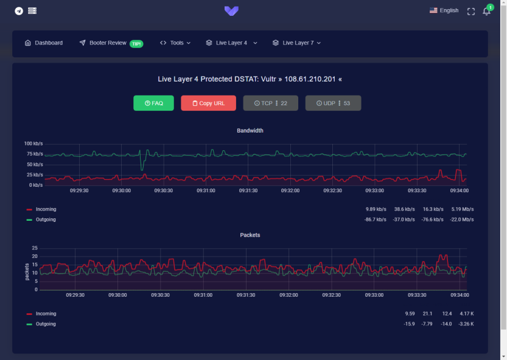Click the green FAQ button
(x=153, y=103)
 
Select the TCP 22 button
(x=270, y=103)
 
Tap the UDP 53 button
(x=333, y=103)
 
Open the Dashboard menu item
(x=44, y=43)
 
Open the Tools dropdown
(x=175, y=43)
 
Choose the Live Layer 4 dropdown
(x=231, y=43)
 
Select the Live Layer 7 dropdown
(x=296, y=43)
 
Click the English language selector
(x=444, y=10)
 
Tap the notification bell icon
(x=486, y=11)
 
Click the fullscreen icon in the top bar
(x=470, y=11)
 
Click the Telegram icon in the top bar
(x=19, y=11)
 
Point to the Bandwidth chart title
(x=250, y=130)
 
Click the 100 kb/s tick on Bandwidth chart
(x=33, y=144)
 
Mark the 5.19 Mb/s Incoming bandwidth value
(x=462, y=209)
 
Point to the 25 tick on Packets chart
(x=35, y=248)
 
